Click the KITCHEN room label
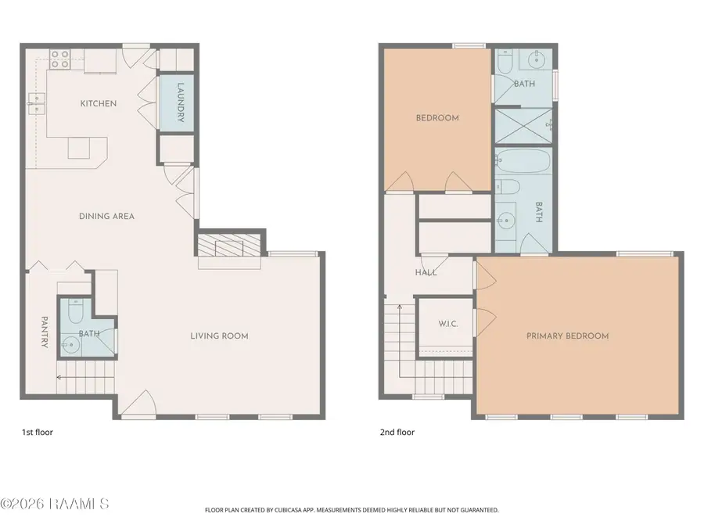[x=99, y=103]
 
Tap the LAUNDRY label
[x=181, y=102]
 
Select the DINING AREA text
[x=106, y=216]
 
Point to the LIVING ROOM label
[x=219, y=336]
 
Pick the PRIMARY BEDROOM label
[x=567, y=336]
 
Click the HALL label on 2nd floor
[x=426, y=272]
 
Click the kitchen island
[x=79, y=148]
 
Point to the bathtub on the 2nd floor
[x=523, y=162]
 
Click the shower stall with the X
[x=523, y=125]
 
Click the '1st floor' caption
[x=37, y=432]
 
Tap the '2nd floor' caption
[x=397, y=432]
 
